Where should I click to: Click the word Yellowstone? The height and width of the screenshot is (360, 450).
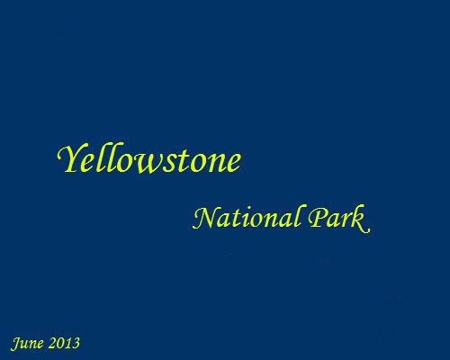point(149,159)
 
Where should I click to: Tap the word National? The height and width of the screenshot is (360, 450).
point(246,218)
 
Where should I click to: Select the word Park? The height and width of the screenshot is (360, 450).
point(339,219)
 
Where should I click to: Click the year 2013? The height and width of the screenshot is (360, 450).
point(64,343)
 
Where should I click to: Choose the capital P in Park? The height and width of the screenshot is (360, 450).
point(319,218)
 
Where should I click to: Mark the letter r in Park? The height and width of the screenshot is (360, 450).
point(347,222)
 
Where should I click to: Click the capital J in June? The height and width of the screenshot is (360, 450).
point(16,344)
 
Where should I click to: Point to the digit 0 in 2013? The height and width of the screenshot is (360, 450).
point(60,343)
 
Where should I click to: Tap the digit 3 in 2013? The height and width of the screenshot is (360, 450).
point(76,343)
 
